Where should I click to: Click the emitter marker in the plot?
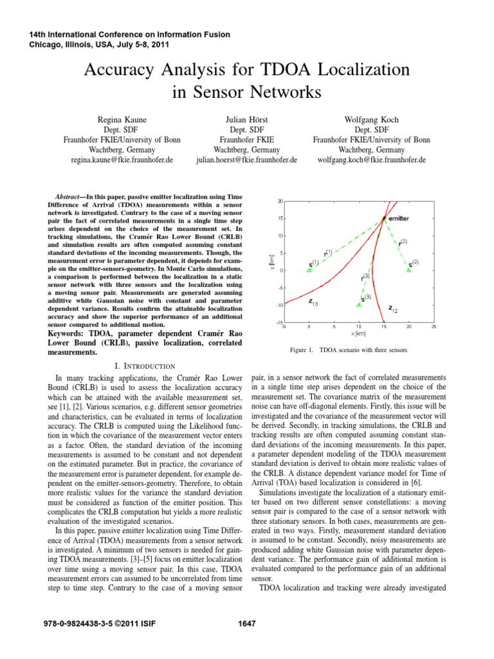pyautogui.click(x=383, y=219)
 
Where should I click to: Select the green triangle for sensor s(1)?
pyautogui.click(x=309, y=270)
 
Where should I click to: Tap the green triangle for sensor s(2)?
pyautogui.click(x=408, y=270)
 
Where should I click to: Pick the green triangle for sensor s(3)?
pyautogui.click(x=359, y=304)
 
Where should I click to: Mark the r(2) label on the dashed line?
pyautogui.click(x=403, y=243)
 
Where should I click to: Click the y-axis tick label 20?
pyautogui.click(x=280, y=201)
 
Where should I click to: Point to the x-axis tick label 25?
pyautogui.click(x=434, y=326)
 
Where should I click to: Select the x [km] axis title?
pyautogui.click(x=358, y=333)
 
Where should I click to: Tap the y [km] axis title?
pyautogui.click(x=272, y=261)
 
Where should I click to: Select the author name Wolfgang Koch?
pyautogui.click(x=370, y=120)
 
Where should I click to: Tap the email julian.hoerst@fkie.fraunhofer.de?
pyautogui.click(x=246, y=159)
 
